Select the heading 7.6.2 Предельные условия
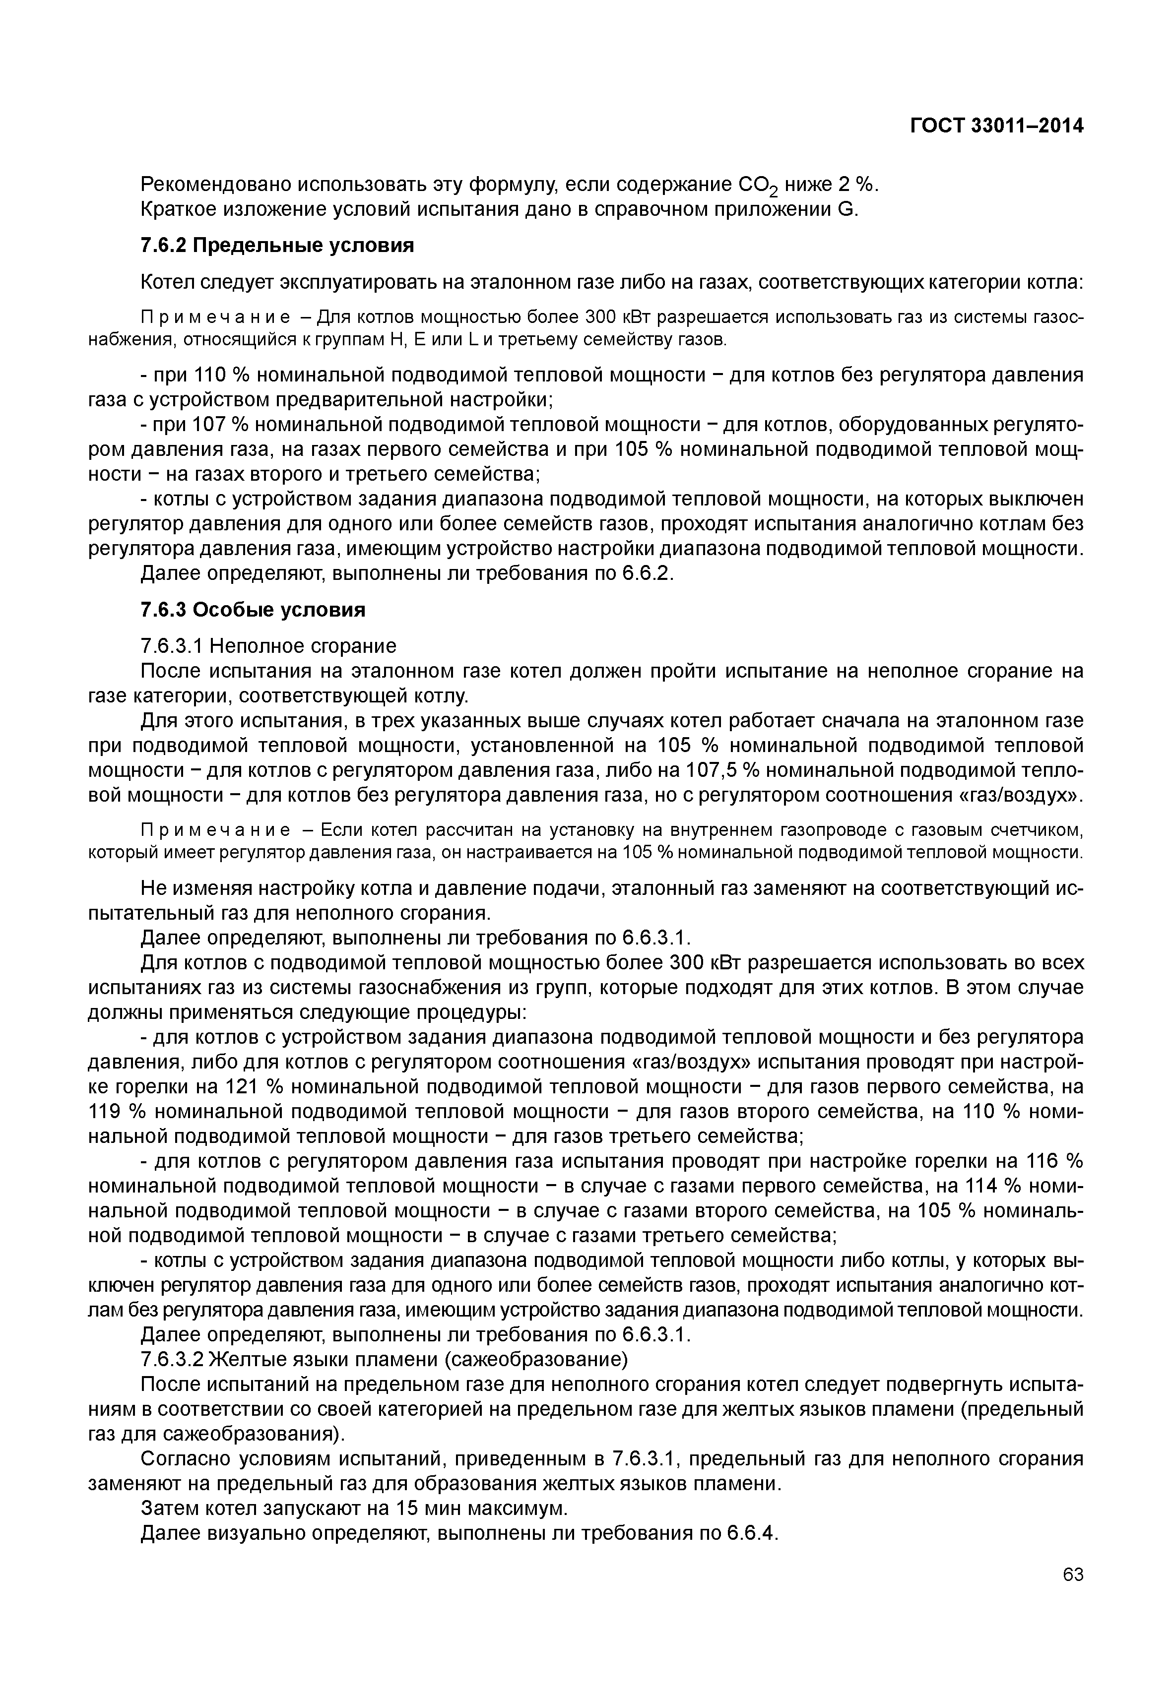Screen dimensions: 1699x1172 [x=277, y=245]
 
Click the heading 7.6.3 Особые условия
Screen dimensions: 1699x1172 [x=252, y=610]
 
